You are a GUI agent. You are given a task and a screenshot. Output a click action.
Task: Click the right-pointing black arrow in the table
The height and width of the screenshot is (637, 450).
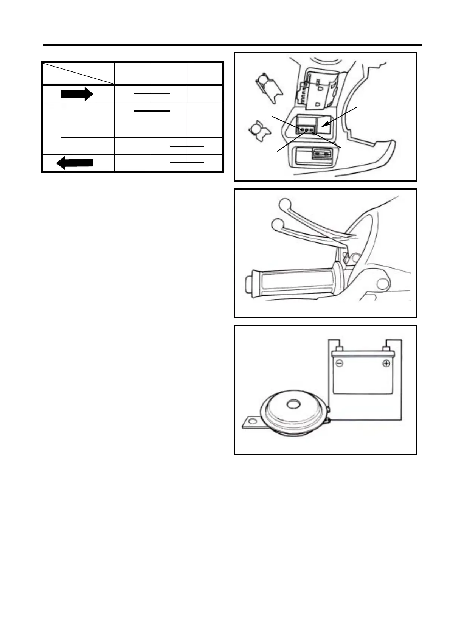[77, 93]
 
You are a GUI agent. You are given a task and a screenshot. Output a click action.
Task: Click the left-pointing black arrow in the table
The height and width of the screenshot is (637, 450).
[74, 163]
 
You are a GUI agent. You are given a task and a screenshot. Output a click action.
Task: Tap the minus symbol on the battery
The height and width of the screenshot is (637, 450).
[339, 364]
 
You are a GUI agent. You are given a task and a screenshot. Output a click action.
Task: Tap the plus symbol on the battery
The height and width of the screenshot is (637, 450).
[386, 364]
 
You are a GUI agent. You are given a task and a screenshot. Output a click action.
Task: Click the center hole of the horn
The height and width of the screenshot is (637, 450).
[292, 405]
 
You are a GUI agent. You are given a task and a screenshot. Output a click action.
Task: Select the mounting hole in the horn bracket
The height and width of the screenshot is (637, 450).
[250, 421]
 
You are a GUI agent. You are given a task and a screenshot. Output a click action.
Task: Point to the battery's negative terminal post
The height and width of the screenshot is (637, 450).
[339, 348]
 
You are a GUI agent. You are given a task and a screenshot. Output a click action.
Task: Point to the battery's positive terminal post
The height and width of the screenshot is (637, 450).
[386, 348]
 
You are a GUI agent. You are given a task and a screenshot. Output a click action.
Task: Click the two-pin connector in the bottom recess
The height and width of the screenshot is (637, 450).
[320, 154]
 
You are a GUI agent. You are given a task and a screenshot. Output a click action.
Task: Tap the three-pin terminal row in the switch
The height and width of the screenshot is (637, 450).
[306, 130]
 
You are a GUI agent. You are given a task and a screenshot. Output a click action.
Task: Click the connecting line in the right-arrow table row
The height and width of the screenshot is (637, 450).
[152, 92]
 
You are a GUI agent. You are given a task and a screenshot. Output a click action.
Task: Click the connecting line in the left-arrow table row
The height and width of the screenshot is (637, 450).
[187, 163]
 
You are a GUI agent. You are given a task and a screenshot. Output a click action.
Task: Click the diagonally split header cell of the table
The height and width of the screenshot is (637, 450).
[78, 73]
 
